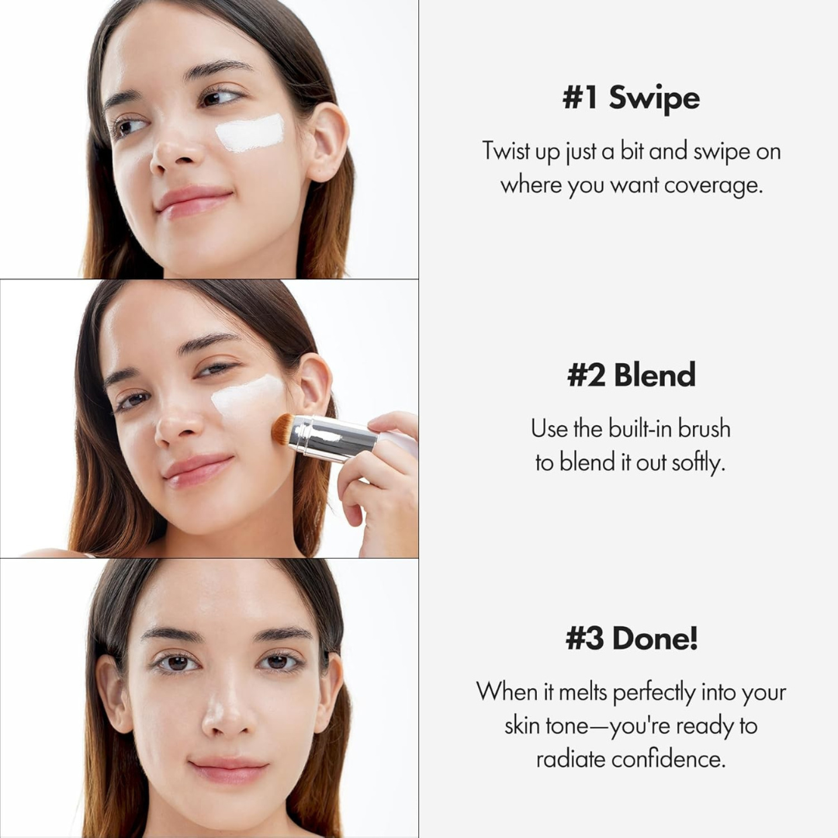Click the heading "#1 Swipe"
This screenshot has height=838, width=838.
tap(631, 99)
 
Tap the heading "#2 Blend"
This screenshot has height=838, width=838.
tap(631, 375)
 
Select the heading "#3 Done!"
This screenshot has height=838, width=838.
tap(631, 639)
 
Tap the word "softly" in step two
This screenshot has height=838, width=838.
tap(699, 463)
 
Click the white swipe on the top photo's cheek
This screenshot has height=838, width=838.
tap(249, 133)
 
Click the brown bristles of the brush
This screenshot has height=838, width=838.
tap(282, 428)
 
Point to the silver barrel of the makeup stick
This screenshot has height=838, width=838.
tap(334, 439)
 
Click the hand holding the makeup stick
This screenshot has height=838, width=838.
tap(380, 481)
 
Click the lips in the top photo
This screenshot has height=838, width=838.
tap(194, 201)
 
